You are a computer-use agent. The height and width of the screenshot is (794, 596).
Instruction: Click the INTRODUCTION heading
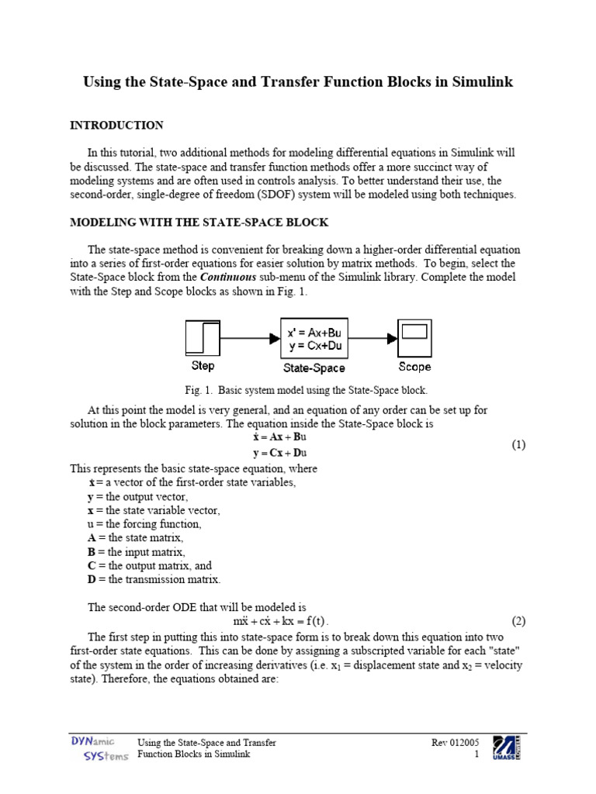116,125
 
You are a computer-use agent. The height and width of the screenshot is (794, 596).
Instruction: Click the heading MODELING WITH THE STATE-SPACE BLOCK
199,223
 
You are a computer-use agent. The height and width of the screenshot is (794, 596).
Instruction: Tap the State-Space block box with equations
314,339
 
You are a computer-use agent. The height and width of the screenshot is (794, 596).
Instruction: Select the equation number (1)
518,444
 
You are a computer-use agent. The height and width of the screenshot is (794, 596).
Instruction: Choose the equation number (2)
518,621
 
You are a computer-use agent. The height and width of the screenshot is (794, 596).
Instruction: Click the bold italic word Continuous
226,278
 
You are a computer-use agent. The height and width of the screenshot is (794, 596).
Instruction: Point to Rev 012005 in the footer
456,743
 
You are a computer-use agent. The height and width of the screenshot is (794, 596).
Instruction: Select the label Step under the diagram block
203,366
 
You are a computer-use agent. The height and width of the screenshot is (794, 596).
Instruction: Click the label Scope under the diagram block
414,366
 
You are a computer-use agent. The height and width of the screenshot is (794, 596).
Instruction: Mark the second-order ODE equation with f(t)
281,622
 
